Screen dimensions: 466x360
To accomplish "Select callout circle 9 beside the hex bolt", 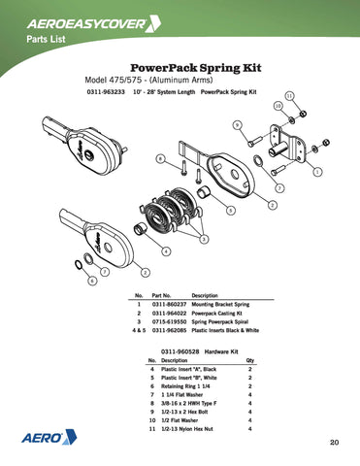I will tap(238, 124).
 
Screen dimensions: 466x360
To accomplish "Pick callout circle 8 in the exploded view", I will tap(161, 157).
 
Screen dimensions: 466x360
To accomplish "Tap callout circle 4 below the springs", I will tap(167, 252).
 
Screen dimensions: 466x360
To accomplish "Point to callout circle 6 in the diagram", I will tap(92, 281).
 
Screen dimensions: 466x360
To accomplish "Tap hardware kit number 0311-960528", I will tap(176, 349).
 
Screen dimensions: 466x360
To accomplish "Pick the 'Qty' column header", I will tap(249, 359).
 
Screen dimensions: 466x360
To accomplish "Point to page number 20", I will tap(333, 443).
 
